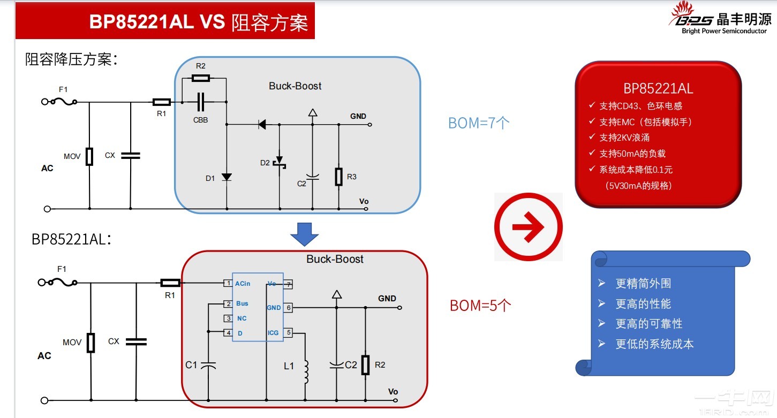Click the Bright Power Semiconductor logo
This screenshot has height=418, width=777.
(719, 20)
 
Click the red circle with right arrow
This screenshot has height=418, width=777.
(528, 227)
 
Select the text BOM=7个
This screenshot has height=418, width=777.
(479, 123)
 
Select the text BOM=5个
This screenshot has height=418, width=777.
(480, 306)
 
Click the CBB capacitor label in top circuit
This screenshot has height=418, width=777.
(200, 120)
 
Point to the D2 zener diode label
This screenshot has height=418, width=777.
(265, 163)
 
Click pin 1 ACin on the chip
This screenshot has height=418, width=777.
(228, 283)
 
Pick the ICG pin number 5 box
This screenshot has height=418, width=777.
(288, 332)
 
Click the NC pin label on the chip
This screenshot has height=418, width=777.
(242, 318)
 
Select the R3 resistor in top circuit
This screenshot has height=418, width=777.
(338, 177)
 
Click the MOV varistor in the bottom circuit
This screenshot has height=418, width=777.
(91, 343)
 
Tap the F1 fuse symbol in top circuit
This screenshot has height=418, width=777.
(62, 102)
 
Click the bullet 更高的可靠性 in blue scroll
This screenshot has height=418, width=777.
(648, 324)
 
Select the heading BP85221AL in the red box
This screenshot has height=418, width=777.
(658, 88)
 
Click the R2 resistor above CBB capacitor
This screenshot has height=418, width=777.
(200, 78)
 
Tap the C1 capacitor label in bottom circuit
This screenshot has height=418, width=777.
(191, 365)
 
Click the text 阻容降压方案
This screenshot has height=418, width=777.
(71, 59)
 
